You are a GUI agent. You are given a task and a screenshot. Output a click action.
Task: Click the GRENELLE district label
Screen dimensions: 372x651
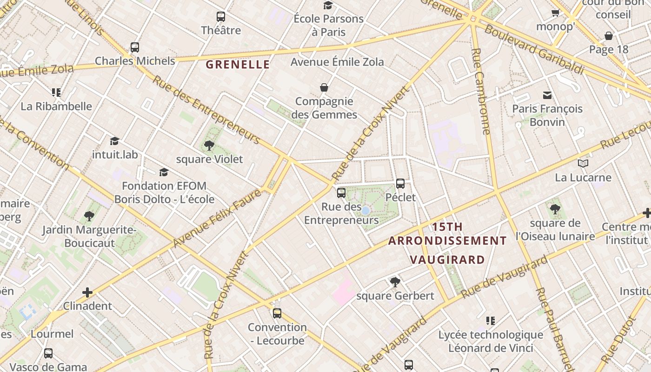click(238, 64)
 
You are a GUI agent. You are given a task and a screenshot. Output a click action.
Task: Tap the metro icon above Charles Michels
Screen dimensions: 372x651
click(135, 47)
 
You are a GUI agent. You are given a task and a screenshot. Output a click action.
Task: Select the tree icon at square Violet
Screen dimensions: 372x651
click(209, 145)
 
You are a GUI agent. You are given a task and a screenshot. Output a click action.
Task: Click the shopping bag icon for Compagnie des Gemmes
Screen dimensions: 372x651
click(324, 87)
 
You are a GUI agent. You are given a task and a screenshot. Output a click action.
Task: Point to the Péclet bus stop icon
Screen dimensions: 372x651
click(400, 183)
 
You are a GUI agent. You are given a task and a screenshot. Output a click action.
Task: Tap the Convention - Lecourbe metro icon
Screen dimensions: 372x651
click(277, 313)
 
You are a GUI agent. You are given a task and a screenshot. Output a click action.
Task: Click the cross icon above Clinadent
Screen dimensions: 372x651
click(87, 292)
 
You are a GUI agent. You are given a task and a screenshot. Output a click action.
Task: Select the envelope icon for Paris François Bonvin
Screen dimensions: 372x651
click(547, 95)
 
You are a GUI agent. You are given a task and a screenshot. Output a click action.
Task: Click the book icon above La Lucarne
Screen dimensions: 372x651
click(583, 163)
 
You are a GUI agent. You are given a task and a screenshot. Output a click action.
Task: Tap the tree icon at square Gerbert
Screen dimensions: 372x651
click(395, 281)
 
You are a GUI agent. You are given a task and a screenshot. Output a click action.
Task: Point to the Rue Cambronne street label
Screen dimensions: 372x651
click(480, 91)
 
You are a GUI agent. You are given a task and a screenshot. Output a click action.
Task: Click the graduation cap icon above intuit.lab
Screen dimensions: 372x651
click(114, 140)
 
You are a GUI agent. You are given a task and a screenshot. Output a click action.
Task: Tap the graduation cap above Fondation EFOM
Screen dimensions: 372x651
click(163, 172)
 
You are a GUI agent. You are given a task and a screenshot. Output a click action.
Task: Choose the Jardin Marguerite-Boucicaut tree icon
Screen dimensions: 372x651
click(89, 216)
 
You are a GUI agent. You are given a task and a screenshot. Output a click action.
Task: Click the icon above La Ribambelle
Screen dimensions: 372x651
click(56, 92)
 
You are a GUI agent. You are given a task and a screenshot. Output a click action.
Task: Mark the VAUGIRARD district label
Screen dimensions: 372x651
click(447, 259)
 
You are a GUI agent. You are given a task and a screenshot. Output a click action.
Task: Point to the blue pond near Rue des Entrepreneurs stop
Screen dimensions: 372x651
click(365, 211)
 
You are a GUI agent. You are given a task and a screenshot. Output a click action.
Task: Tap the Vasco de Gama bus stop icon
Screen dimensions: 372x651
click(48, 353)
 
